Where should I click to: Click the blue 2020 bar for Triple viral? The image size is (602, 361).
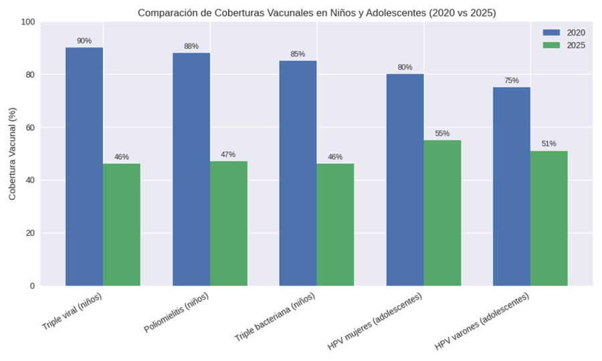click(84, 166)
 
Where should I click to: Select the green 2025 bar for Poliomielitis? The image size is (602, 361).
click(229, 223)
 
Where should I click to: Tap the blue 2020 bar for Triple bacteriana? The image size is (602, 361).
click(298, 173)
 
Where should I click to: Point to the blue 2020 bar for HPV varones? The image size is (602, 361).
click(511, 187)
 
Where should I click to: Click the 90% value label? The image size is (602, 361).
click(84, 41)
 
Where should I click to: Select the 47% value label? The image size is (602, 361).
click(228, 154)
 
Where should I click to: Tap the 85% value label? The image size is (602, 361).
click(298, 54)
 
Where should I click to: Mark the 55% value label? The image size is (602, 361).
click(442, 134)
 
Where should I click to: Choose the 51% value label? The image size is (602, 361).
click(548, 144)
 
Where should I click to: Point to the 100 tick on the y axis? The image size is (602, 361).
click(27, 22)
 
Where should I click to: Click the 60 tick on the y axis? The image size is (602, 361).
click(29, 128)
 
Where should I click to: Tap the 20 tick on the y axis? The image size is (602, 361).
click(29, 233)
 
